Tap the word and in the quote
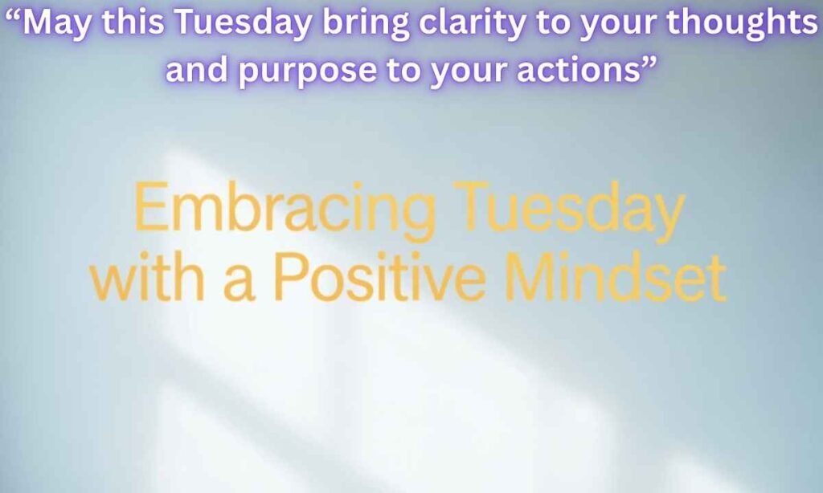[194, 71]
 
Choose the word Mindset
[618, 277]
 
